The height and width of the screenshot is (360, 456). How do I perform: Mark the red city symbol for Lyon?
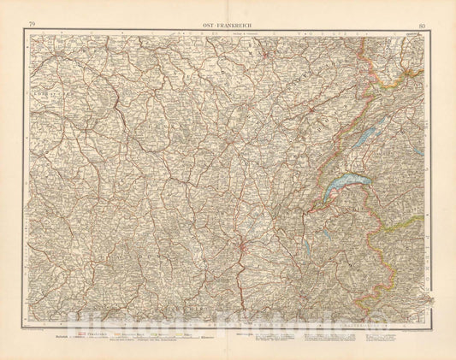246,249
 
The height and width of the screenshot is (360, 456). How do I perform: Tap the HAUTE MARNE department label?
257,51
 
